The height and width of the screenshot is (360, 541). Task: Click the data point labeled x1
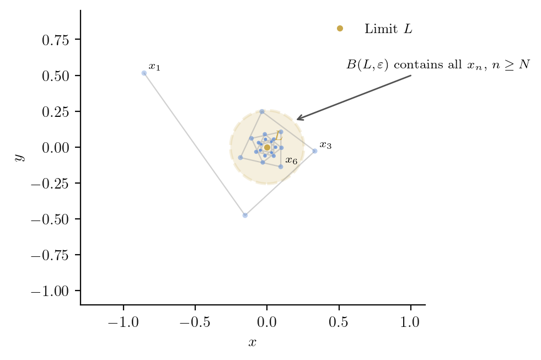(x=144, y=73)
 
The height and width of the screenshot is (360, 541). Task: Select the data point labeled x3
(x=315, y=151)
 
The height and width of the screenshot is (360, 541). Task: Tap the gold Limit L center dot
(x=267, y=147)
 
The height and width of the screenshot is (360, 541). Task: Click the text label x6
(x=291, y=161)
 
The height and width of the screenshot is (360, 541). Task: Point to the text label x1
(x=154, y=67)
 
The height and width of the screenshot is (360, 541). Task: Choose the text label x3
(x=325, y=146)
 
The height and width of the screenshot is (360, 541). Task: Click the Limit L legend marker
(x=340, y=29)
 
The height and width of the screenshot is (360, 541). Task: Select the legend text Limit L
(x=388, y=29)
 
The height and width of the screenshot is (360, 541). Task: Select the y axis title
(x=19, y=157)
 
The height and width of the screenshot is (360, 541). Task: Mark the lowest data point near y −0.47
(x=245, y=215)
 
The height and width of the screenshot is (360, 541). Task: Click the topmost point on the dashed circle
(x=267, y=110)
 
